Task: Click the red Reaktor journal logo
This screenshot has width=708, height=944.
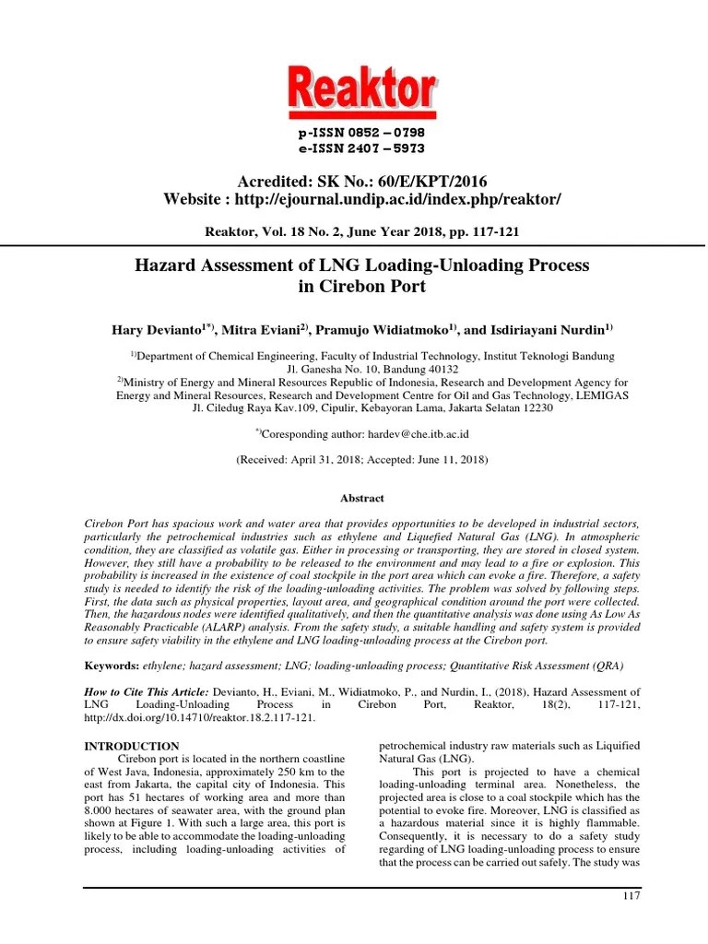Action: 362,92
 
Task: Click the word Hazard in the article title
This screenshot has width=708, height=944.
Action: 163,266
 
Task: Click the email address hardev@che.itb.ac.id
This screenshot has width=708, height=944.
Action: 402,432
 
